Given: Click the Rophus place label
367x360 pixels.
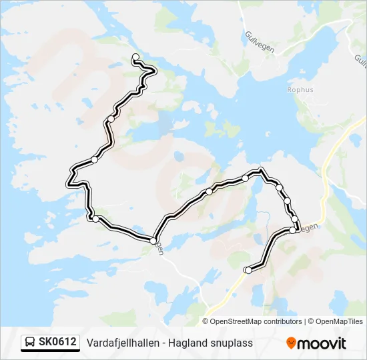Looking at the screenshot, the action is [x=281, y=90].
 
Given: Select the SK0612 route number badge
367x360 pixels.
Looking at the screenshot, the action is [x=57, y=343].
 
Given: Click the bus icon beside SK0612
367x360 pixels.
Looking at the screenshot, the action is [x=31, y=343].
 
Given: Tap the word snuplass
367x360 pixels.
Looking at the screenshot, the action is [x=230, y=343].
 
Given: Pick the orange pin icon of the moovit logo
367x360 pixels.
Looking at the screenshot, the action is [x=291, y=343].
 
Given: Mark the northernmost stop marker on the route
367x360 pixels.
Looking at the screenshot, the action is [x=135, y=57].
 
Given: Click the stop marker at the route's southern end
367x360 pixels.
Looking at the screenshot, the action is [x=248, y=270].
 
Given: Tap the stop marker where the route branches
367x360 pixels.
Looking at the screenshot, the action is [x=153, y=240].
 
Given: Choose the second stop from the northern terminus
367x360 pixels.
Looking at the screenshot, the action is [x=111, y=119].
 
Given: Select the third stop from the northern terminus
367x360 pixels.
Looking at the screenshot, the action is [x=94, y=160].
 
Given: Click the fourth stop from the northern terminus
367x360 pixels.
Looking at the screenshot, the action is [x=95, y=219].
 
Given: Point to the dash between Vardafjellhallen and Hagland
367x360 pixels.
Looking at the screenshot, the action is [x=162, y=343].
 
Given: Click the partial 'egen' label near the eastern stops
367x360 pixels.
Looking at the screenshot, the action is [x=308, y=227].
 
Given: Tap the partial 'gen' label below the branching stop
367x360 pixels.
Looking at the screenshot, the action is [x=159, y=248].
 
